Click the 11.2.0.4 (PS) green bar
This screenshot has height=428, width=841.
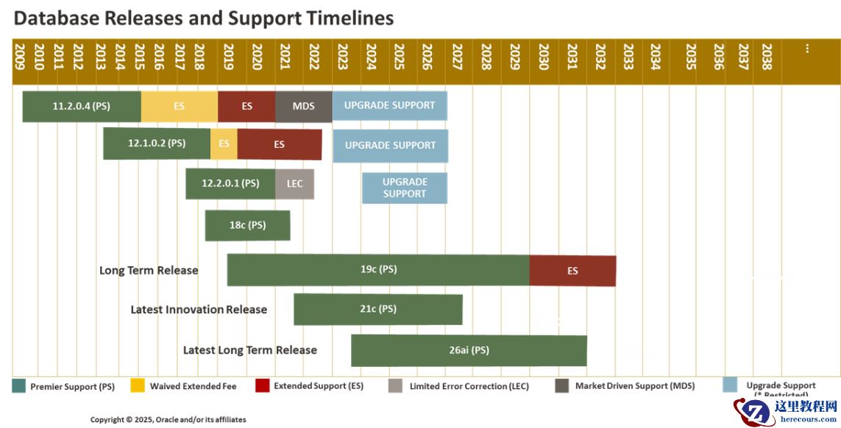click(82, 106)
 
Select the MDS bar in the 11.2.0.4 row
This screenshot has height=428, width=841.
click(303, 106)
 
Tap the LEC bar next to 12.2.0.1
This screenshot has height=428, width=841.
click(294, 184)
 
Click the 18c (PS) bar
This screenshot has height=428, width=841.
click(247, 225)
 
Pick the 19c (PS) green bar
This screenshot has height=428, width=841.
click(378, 270)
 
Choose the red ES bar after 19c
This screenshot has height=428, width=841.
click(572, 271)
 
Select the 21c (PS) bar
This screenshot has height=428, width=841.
click(378, 310)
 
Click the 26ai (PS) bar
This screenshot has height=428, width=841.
click(469, 350)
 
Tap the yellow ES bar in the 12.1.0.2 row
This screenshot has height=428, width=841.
click(224, 144)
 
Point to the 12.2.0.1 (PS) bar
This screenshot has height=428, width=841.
click(230, 184)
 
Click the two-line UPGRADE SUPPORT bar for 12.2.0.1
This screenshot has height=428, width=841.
click(405, 188)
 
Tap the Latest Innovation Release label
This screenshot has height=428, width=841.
click(199, 310)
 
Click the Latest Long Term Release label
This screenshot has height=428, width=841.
click(250, 350)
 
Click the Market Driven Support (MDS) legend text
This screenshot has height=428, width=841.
click(634, 386)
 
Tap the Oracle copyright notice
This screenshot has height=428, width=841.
click(168, 419)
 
